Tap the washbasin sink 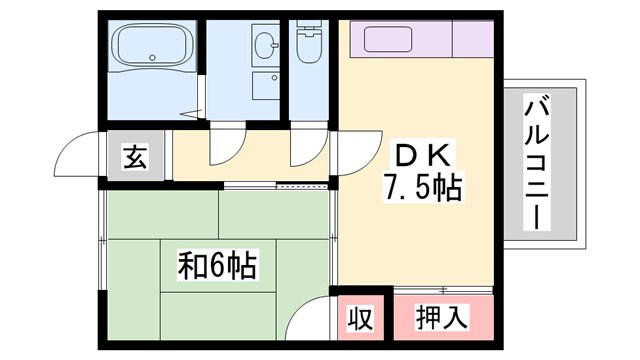point(265,46)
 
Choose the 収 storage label point(360,319)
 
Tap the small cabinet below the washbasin point(266,85)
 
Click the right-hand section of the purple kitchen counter point(472,39)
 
